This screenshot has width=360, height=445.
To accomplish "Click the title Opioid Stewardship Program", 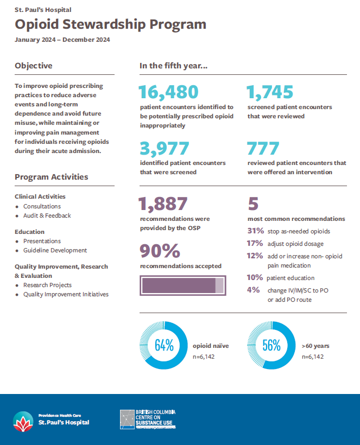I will (x=111, y=25).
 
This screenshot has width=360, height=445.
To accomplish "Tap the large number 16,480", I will (x=169, y=93).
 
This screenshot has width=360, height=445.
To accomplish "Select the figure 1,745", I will (x=270, y=93).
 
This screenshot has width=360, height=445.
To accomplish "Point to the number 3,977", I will (x=165, y=149).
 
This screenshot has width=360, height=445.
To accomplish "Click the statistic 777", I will (x=263, y=149).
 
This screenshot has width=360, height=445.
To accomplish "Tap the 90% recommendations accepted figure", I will (x=160, y=251).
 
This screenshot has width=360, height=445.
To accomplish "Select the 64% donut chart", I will (x=163, y=345).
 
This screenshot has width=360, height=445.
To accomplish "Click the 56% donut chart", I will (x=271, y=345).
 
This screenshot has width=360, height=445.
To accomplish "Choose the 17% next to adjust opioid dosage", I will (x=255, y=244).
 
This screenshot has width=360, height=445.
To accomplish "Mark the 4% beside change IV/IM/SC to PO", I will (x=253, y=290).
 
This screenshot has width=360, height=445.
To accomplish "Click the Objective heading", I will (x=34, y=66).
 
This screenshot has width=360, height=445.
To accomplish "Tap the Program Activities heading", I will (x=52, y=177).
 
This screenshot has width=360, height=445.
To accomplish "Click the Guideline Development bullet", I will (x=55, y=250).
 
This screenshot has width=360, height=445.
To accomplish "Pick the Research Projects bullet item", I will (x=47, y=285).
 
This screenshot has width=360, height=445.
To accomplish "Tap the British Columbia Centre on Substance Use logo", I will (x=148, y=419).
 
